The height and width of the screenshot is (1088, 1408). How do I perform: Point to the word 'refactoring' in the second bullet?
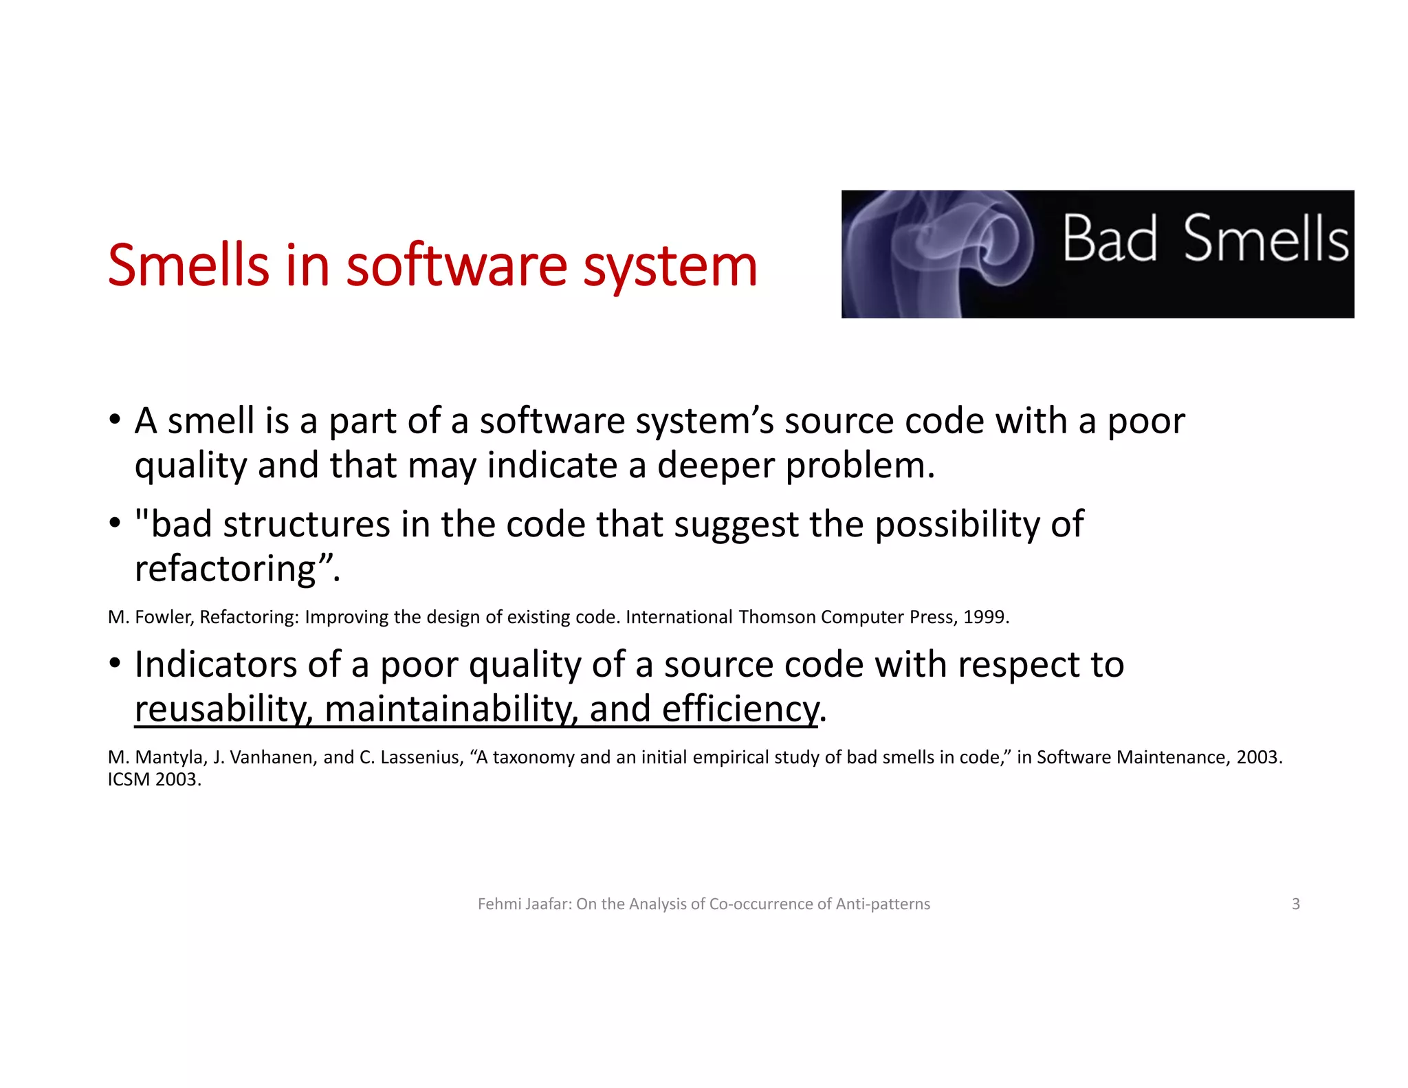(x=225, y=569)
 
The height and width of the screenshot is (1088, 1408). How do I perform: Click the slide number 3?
(x=1295, y=904)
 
